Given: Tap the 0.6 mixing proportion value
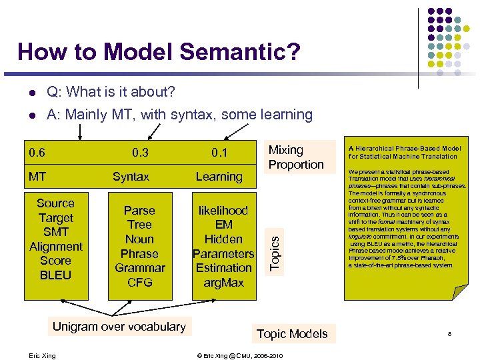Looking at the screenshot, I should coord(37,153).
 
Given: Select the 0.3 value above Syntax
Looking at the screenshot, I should coord(140,153).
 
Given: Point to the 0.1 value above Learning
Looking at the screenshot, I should coord(219,153).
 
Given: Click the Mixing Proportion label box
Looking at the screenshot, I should coord(296,157).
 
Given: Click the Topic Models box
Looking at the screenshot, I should coord(292,334).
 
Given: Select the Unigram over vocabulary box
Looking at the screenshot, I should coord(119,327).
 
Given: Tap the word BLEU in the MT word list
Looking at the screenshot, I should coord(55,275).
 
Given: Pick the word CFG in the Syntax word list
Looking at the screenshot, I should coord(139,282).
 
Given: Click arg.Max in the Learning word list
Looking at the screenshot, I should coord(223,283).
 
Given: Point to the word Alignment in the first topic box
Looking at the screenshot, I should coord(56,246).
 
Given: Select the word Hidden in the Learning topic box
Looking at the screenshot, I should coord(223,239).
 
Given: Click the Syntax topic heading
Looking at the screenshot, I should coord(131,177).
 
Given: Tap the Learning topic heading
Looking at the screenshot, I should coord(219,177).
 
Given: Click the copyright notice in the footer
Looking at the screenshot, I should coord(240,356).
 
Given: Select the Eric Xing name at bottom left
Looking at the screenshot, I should coord(43,356).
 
